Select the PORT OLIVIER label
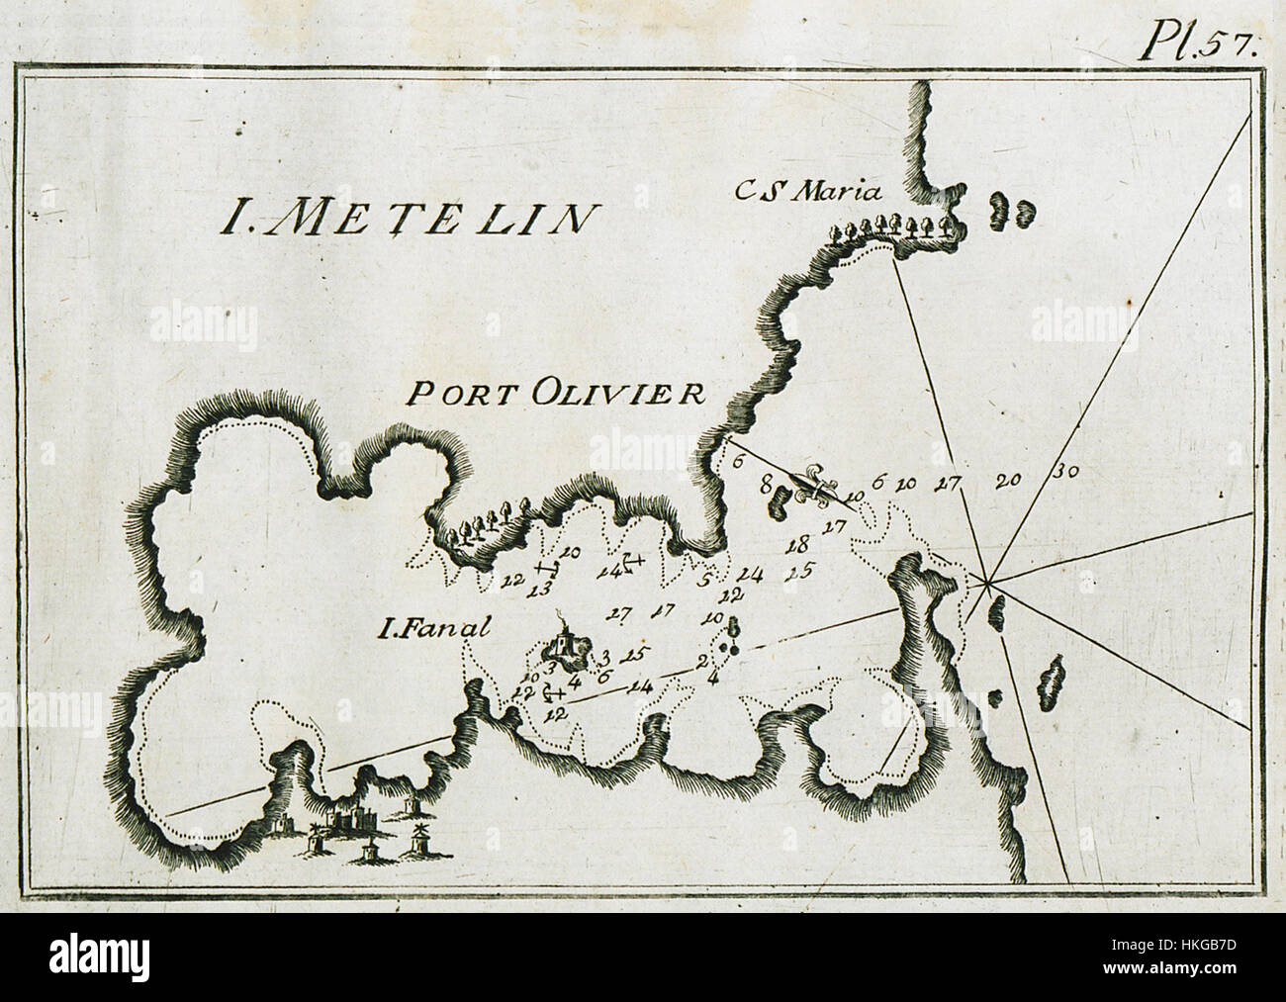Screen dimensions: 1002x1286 click(x=556, y=395)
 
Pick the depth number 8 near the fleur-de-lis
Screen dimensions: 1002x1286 click(x=765, y=486)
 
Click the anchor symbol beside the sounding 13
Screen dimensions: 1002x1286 click(x=546, y=569)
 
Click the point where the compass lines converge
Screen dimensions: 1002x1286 click(x=988, y=582)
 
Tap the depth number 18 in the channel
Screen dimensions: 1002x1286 click(x=797, y=545)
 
